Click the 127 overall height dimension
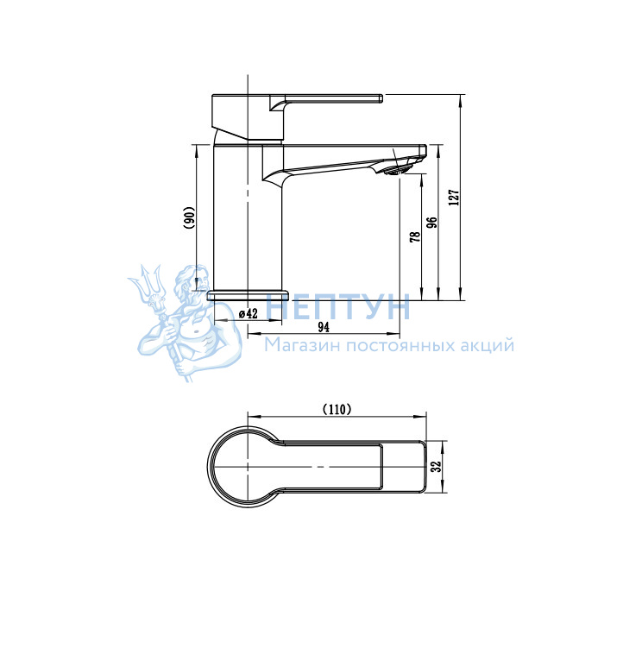[454, 198]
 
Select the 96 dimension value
[431, 223]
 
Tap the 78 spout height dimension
[415, 236]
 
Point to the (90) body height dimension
[189, 217]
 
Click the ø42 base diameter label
[249, 314]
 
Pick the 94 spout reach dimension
[324, 327]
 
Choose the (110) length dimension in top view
[337, 409]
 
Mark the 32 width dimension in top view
[436, 466]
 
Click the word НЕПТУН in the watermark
[338, 306]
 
